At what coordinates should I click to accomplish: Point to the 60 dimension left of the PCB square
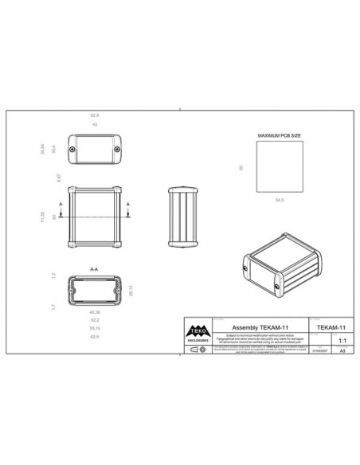click(241, 166)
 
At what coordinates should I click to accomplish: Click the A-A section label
click(94, 269)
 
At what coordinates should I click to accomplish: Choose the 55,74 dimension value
click(94, 329)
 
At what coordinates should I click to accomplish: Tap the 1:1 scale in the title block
click(342, 338)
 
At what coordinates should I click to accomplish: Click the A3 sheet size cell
click(342, 350)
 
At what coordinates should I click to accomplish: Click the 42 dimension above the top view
click(94, 124)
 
